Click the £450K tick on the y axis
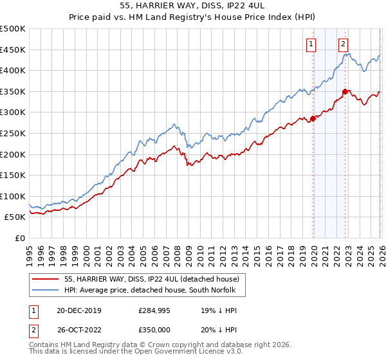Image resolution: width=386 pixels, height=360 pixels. click(x=13, y=50)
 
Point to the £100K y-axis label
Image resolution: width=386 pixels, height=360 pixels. click(x=13, y=196)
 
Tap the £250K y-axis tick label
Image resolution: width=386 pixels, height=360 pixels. click(x=13, y=133)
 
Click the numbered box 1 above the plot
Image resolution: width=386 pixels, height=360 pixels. click(x=311, y=44)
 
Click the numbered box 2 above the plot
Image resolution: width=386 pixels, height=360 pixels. click(x=343, y=44)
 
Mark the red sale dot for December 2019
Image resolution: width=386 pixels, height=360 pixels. click(x=313, y=118)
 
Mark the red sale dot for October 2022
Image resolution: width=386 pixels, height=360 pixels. click(x=345, y=91)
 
